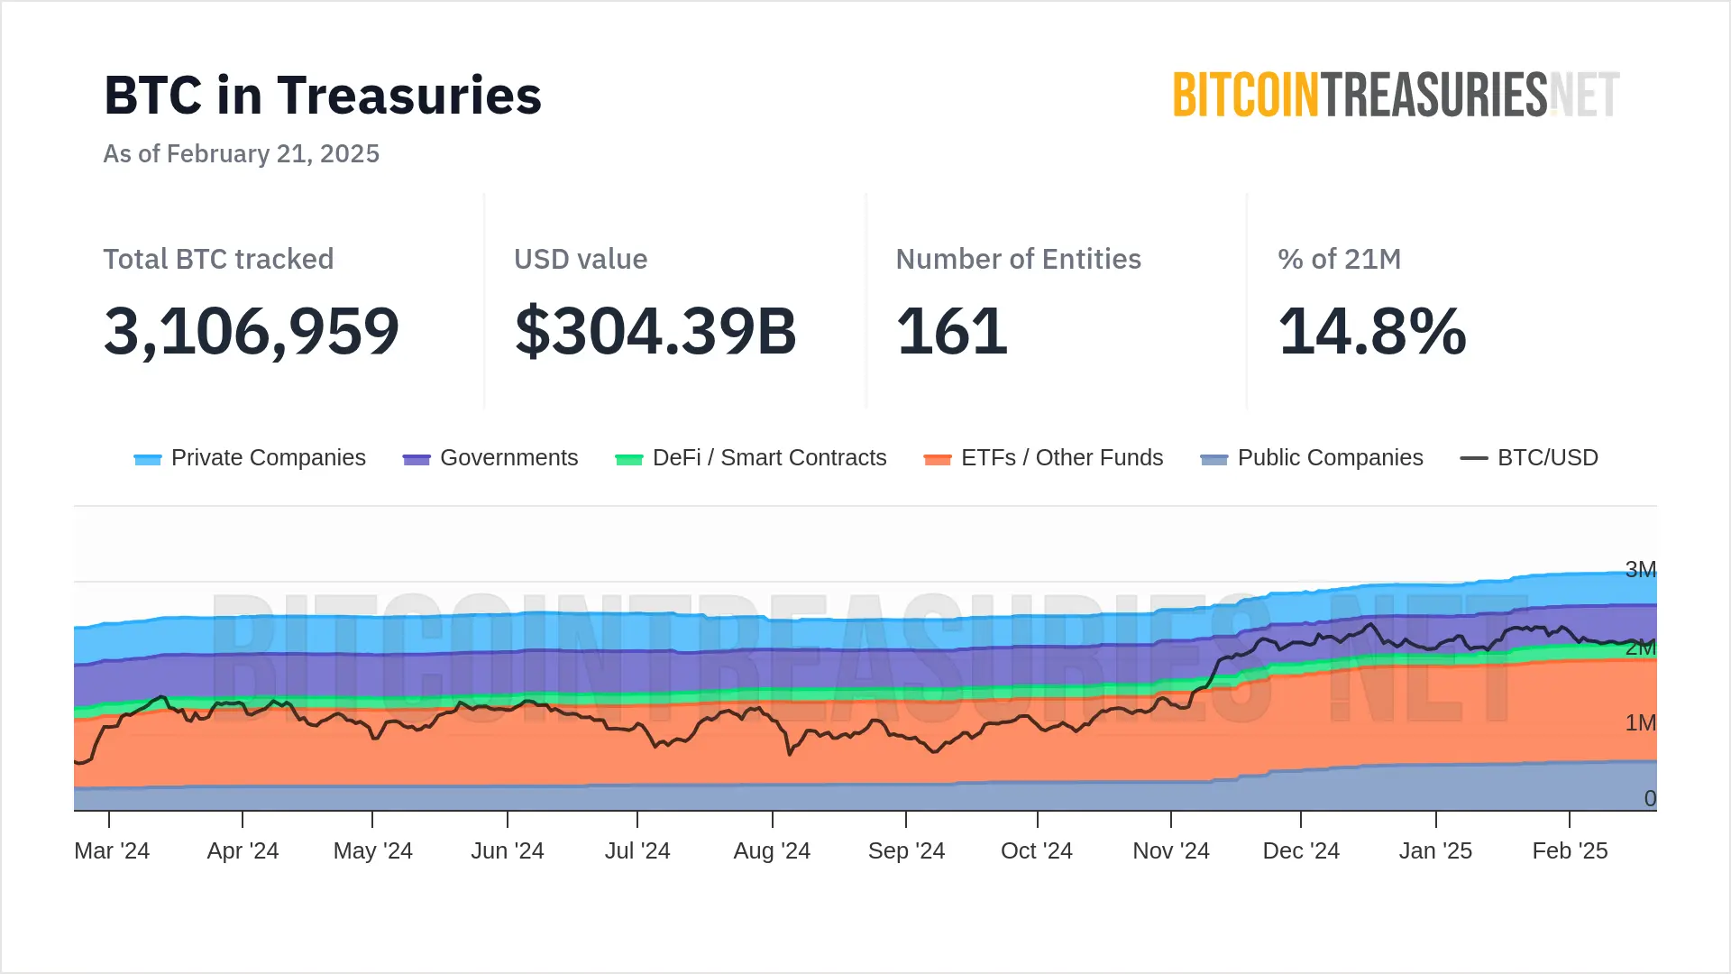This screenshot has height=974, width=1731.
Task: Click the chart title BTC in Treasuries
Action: click(x=323, y=96)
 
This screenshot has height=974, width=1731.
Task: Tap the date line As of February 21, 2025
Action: click(x=241, y=153)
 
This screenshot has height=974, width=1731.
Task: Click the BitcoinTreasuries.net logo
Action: click(x=1396, y=96)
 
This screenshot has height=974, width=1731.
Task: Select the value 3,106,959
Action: click(x=252, y=331)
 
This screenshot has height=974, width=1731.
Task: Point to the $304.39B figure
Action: click(x=655, y=331)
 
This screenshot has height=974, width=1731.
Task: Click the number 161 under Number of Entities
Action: click(x=951, y=331)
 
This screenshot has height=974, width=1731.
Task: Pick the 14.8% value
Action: click(x=1372, y=331)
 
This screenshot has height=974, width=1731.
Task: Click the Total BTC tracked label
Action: click(x=218, y=259)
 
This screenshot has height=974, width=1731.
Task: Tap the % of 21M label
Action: click(x=1339, y=259)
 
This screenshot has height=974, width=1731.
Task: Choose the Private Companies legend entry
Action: click(x=250, y=458)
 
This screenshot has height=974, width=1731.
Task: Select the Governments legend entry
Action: click(x=490, y=458)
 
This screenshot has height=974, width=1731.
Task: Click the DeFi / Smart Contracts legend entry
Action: click(x=751, y=458)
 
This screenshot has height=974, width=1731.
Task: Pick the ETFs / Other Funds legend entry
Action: click(x=1044, y=458)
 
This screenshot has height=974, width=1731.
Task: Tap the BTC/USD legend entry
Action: click(x=1529, y=458)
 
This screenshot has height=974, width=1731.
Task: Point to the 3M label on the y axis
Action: click(x=1640, y=569)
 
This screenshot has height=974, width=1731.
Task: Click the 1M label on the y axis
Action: click(x=1640, y=722)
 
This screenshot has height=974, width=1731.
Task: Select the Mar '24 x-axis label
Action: click(x=112, y=850)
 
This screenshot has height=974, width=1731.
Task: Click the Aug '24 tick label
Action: click(x=772, y=850)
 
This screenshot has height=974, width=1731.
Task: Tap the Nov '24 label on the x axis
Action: click(x=1170, y=850)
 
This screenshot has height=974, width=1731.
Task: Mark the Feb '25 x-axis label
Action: click(x=1570, y=850)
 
